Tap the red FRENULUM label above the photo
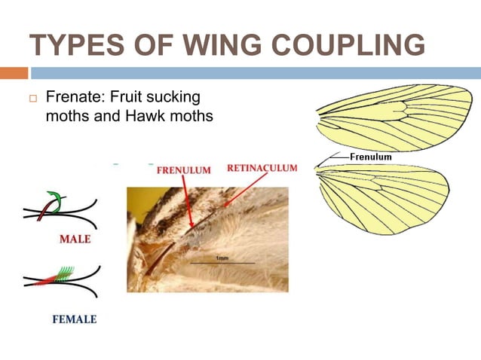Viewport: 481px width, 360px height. click(x=183, y=170)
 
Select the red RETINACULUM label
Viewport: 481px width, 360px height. click(x=262, y=168)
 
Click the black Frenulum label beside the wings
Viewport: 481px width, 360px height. click(x=370, y=157)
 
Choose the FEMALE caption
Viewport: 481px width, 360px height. click(x=74, y=319)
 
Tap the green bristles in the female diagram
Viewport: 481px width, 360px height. click(x=64, y=273)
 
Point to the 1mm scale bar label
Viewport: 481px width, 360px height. click(x=223, y=258)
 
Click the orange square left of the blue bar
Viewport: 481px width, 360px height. click(x=14, y=73)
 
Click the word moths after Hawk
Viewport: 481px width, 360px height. click(x=185, y=117)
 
